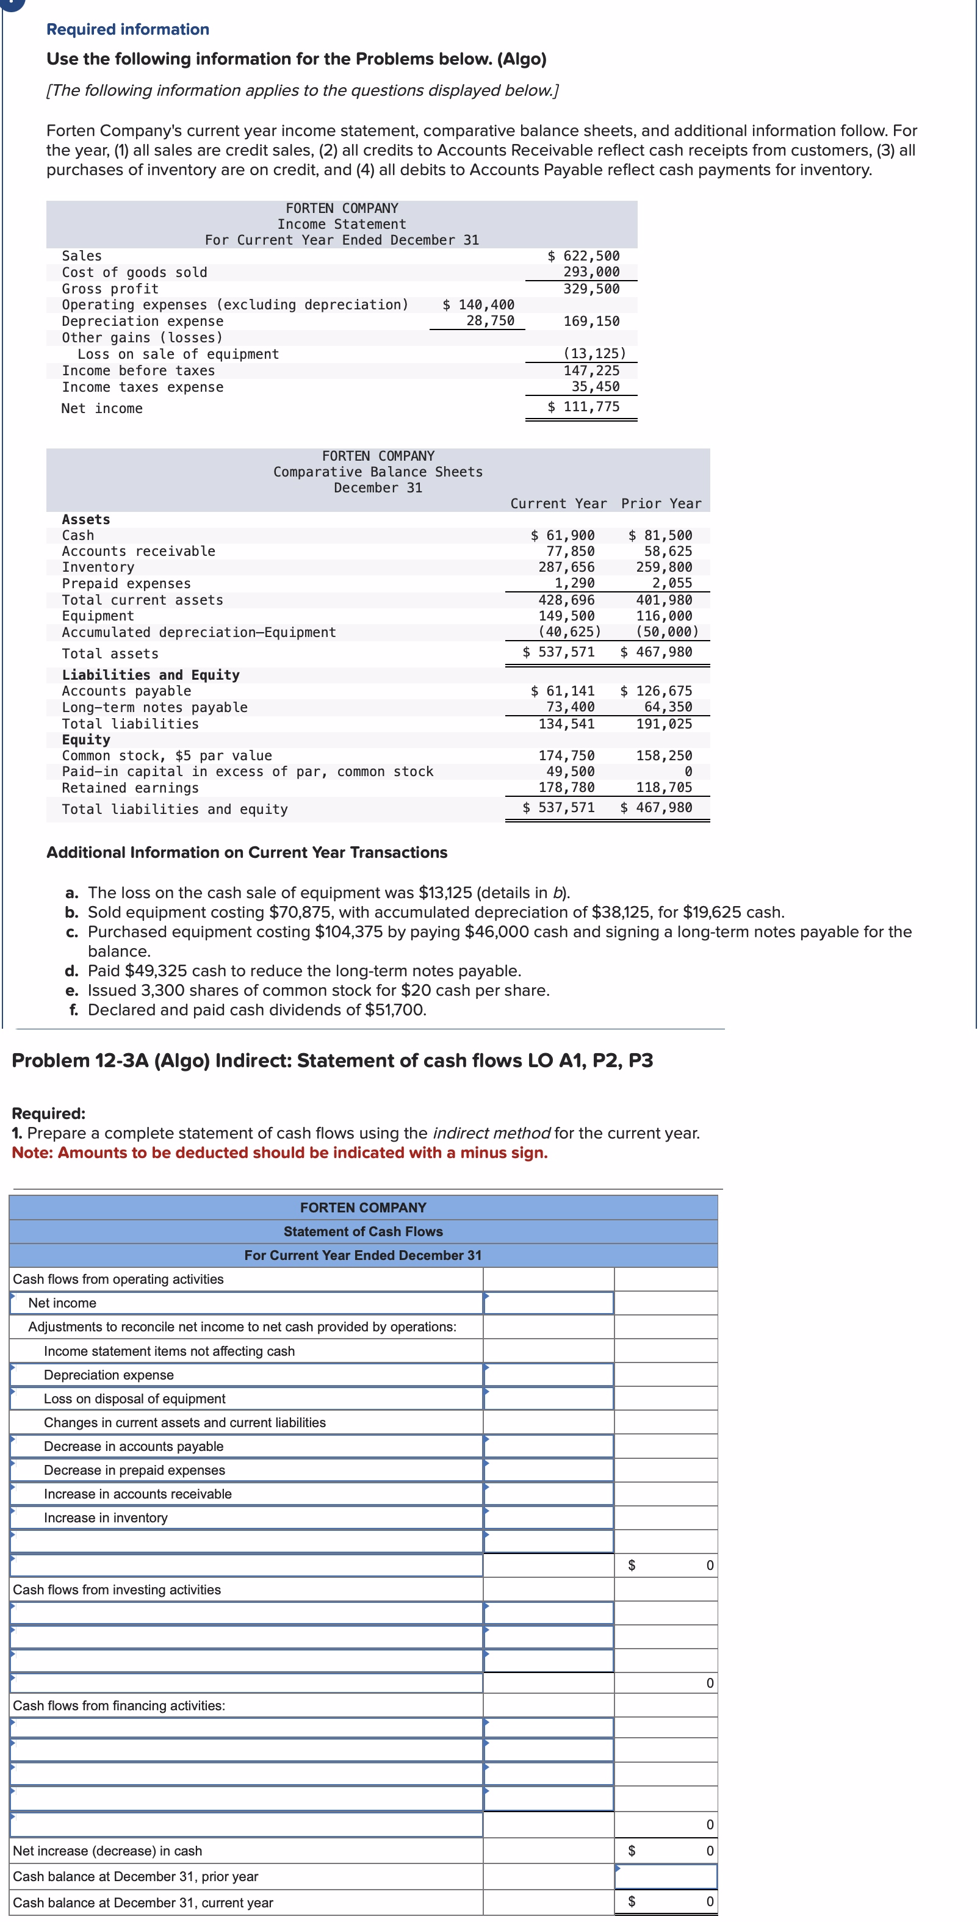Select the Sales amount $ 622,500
tap(585, 256)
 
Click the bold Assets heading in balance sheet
tap(86, 520)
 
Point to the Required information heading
tap(128, 29)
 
